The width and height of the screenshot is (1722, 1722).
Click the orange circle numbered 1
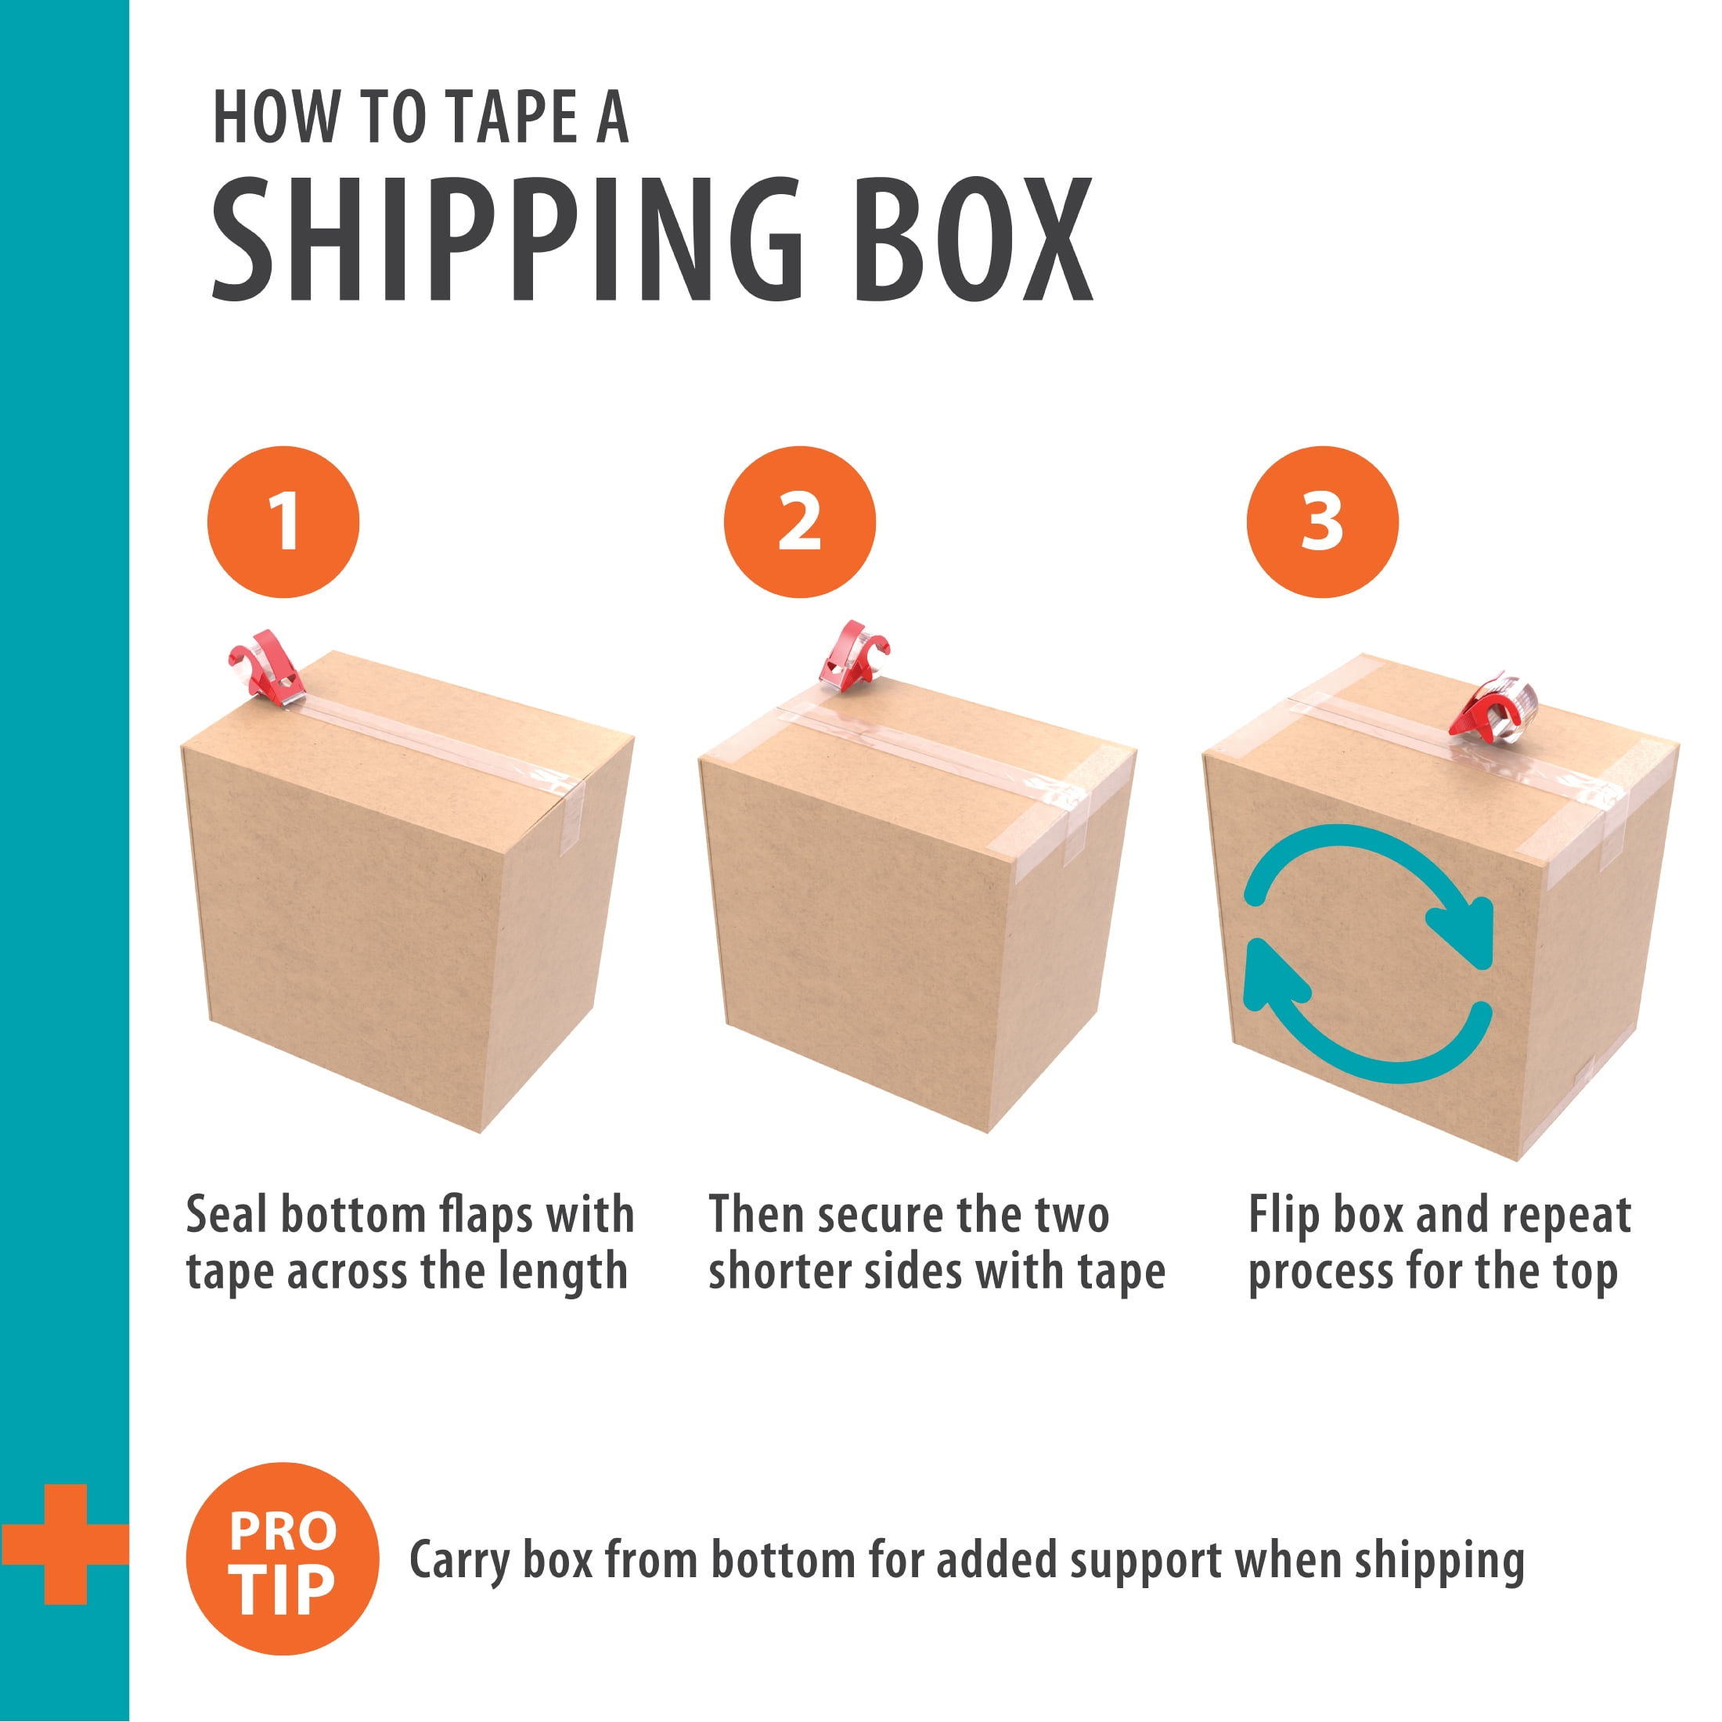click(283, 521)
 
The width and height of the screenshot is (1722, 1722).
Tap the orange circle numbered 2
click(799, 521)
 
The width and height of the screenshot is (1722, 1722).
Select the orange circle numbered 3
click(1322, 521)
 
